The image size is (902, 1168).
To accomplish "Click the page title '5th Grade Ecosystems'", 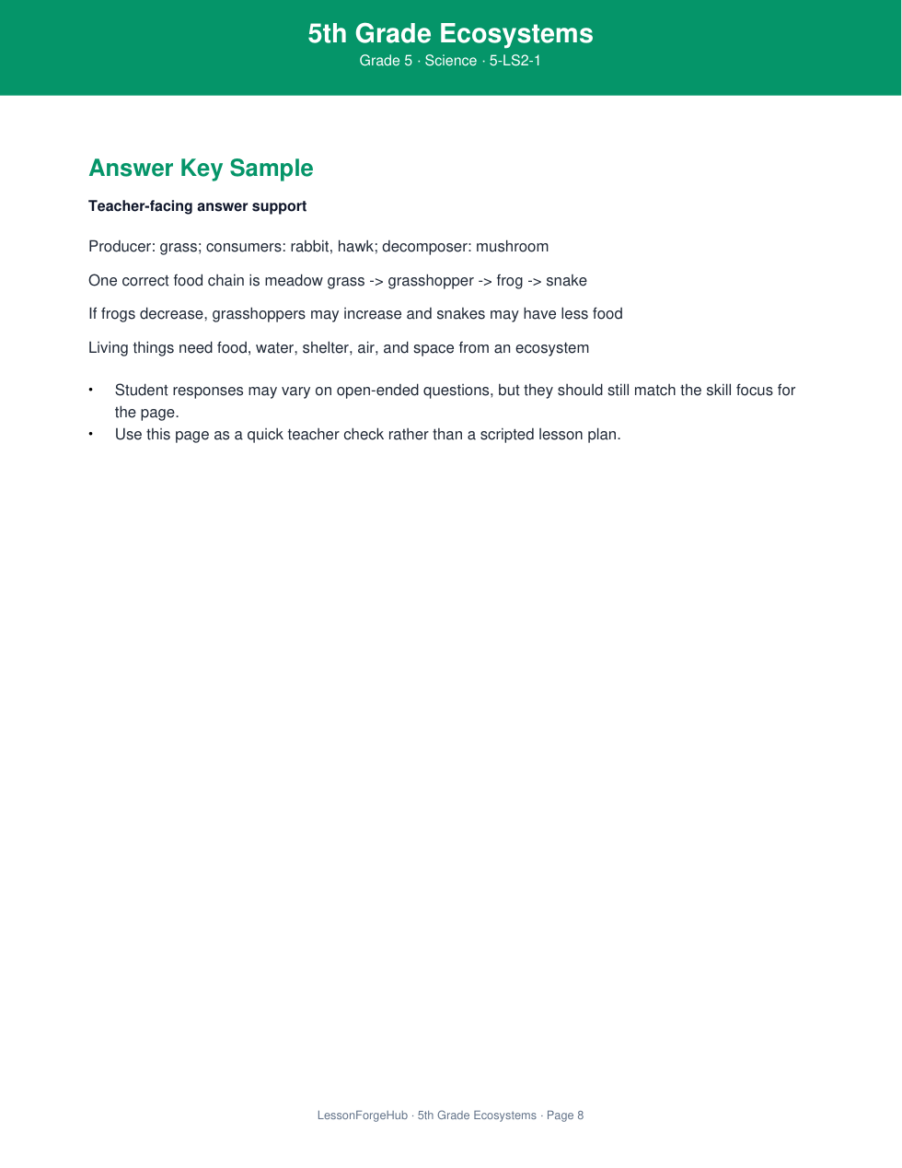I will [x=450, y=34].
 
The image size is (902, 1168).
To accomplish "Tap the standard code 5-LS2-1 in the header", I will [x=515, y=61].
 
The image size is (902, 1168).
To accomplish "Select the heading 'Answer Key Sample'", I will [x=201, y=169].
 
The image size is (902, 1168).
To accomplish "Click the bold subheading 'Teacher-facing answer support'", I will [x=197, y=206].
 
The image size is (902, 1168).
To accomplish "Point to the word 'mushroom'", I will [x=512, y=247].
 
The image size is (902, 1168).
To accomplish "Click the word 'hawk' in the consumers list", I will [x=355, y=247].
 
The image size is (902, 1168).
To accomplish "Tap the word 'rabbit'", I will [x=309, y=247].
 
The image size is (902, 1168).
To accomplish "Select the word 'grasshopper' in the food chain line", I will [x=430, y=281].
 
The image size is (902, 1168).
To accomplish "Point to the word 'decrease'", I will [x=172, y=314].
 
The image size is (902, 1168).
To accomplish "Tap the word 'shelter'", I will [x=326, y=348].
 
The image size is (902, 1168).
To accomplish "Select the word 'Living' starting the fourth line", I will [x=109, y=348].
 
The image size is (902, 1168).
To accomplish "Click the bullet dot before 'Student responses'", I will [x=91, y=390].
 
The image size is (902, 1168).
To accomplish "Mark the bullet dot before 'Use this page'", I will [x=91, y=434].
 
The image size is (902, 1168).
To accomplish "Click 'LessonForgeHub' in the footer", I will [x=362, y=1115].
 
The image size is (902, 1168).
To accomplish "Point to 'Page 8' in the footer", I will [x=565, y=1115].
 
